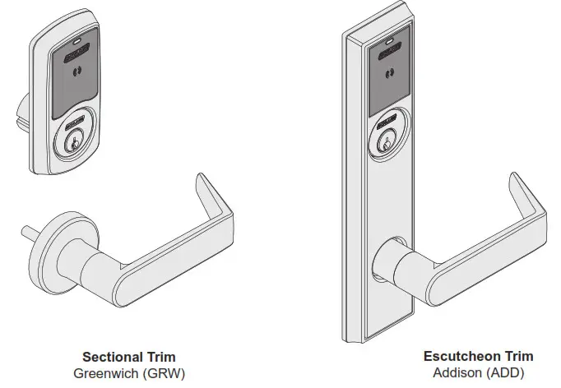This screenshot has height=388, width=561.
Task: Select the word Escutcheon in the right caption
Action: click(458, 357)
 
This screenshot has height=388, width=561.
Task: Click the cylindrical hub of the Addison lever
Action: click(391, 266)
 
